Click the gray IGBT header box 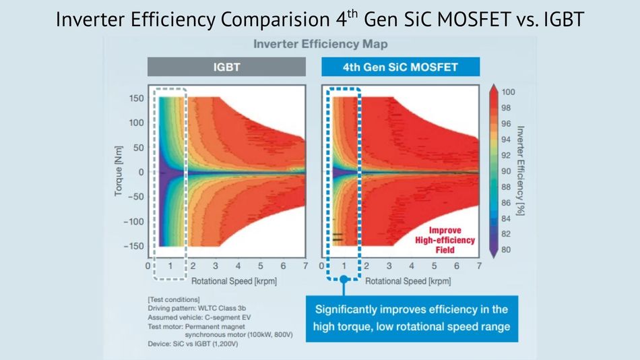click(x=226, y=67)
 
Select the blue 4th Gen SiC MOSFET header click(x=400, y=67)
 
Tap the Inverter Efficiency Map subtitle click(x=319, y=44)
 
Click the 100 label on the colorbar click(x=509, y=92)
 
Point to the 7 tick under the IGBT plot click(x=305, y=267)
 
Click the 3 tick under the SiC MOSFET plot click(x=389, y=267)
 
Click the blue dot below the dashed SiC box click(x=344, y=278)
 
